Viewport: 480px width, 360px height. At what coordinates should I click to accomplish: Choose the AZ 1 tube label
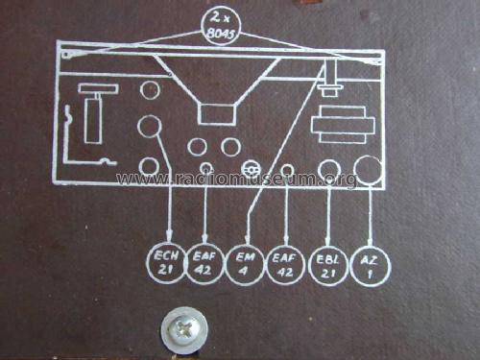pyautogui.click(x=370, y=263)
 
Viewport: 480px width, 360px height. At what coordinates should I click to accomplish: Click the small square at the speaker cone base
pyautogui.click(x=215, y=114)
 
